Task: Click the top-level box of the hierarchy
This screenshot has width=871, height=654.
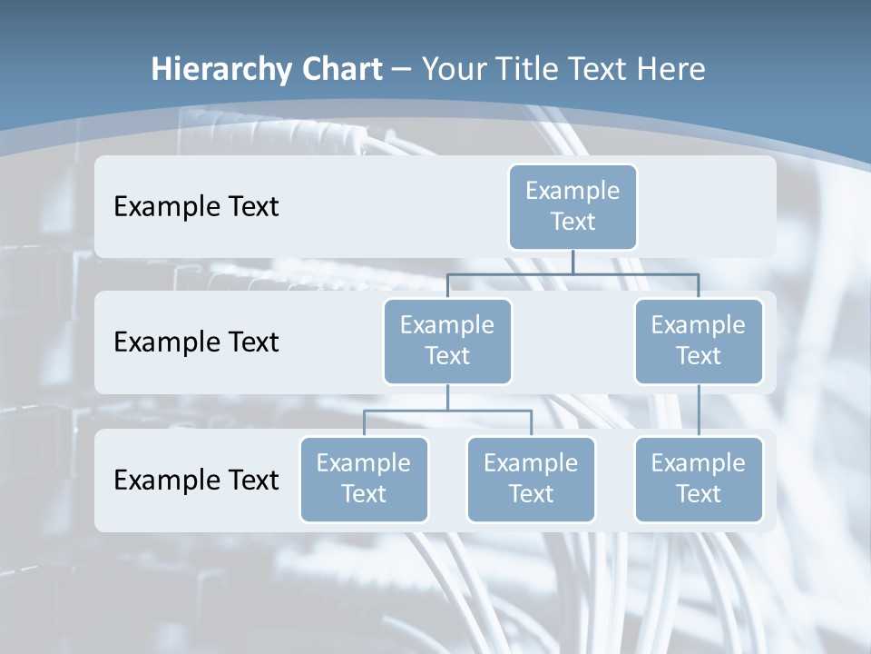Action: coord(573,207)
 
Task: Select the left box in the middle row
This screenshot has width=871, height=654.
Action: coord(447,342)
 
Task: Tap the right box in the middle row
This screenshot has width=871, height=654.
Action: coord(699,342)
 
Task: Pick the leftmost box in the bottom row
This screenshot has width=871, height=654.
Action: coord(364,480)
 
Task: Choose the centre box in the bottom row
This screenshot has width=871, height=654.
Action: coord(531,480)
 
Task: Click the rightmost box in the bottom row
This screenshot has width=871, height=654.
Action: coord(699,480)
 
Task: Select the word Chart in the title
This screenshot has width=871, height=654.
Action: coord(339,70)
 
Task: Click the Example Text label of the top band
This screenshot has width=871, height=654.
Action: coord(196,207)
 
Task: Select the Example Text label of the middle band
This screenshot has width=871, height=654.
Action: coord(196,342)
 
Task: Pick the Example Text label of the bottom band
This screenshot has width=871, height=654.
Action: coord(196,480)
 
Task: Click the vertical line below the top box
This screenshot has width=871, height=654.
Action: coord(573,263)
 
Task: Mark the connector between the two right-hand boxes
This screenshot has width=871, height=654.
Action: coord(699,411)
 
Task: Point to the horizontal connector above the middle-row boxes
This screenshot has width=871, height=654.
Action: coord(573,273)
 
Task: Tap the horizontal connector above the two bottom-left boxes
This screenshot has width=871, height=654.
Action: coord(447,411)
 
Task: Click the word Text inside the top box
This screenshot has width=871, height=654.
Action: coord(573,222)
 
